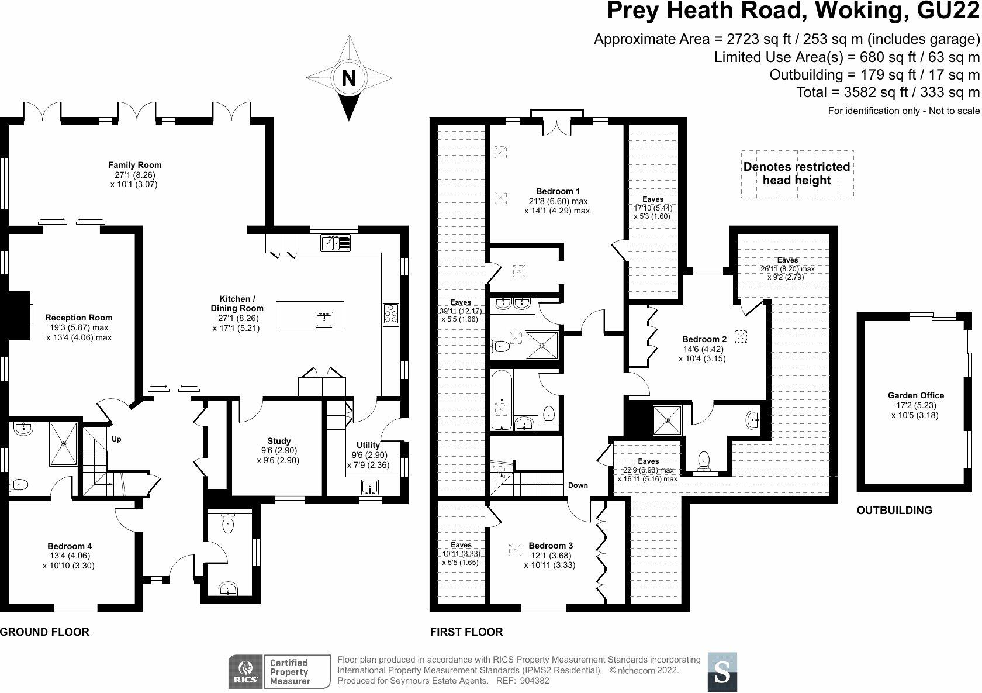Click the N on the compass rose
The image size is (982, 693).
(348, 78)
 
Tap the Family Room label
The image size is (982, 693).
(135, 165)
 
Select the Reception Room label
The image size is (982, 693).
(79, 318)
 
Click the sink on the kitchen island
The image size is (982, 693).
(324, 319)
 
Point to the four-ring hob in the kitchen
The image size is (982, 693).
(390, 314)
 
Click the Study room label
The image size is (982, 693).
(279, 441)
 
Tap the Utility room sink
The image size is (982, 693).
(369, 487)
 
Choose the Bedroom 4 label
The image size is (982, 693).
(68, 546)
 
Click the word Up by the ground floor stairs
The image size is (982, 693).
(116, 439)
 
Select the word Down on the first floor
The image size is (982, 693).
(578, 485)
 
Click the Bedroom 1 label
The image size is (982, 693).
(558, 191)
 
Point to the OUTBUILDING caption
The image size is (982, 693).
(894, 511)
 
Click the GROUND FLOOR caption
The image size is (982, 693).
(44, 632)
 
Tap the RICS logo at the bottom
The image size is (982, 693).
(244, 671)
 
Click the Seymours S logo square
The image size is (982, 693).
(722, 671)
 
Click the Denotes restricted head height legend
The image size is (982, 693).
(797, 174)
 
